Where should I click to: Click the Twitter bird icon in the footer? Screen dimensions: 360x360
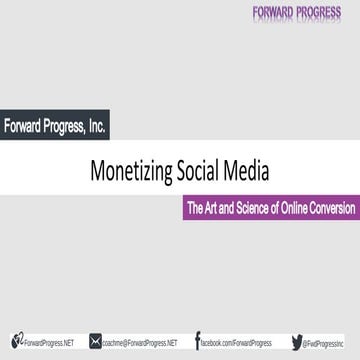coord(297,342)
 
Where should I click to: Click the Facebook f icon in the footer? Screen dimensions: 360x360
coord(198,341)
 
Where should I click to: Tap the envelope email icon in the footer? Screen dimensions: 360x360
coord(95,342)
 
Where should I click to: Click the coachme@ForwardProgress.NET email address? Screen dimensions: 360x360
coord(140,343)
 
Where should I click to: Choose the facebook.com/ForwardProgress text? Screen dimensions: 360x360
coord(235,343)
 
